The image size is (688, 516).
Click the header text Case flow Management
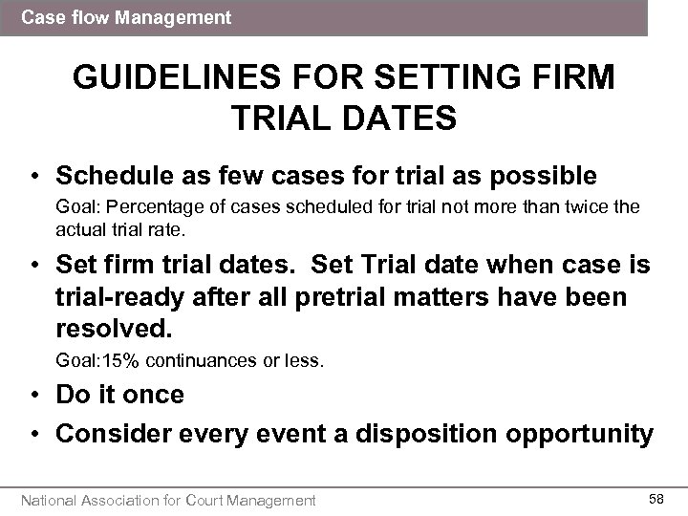pos(125,16)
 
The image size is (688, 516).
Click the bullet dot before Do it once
pos(35,394)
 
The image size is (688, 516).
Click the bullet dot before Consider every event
pos(35,434)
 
